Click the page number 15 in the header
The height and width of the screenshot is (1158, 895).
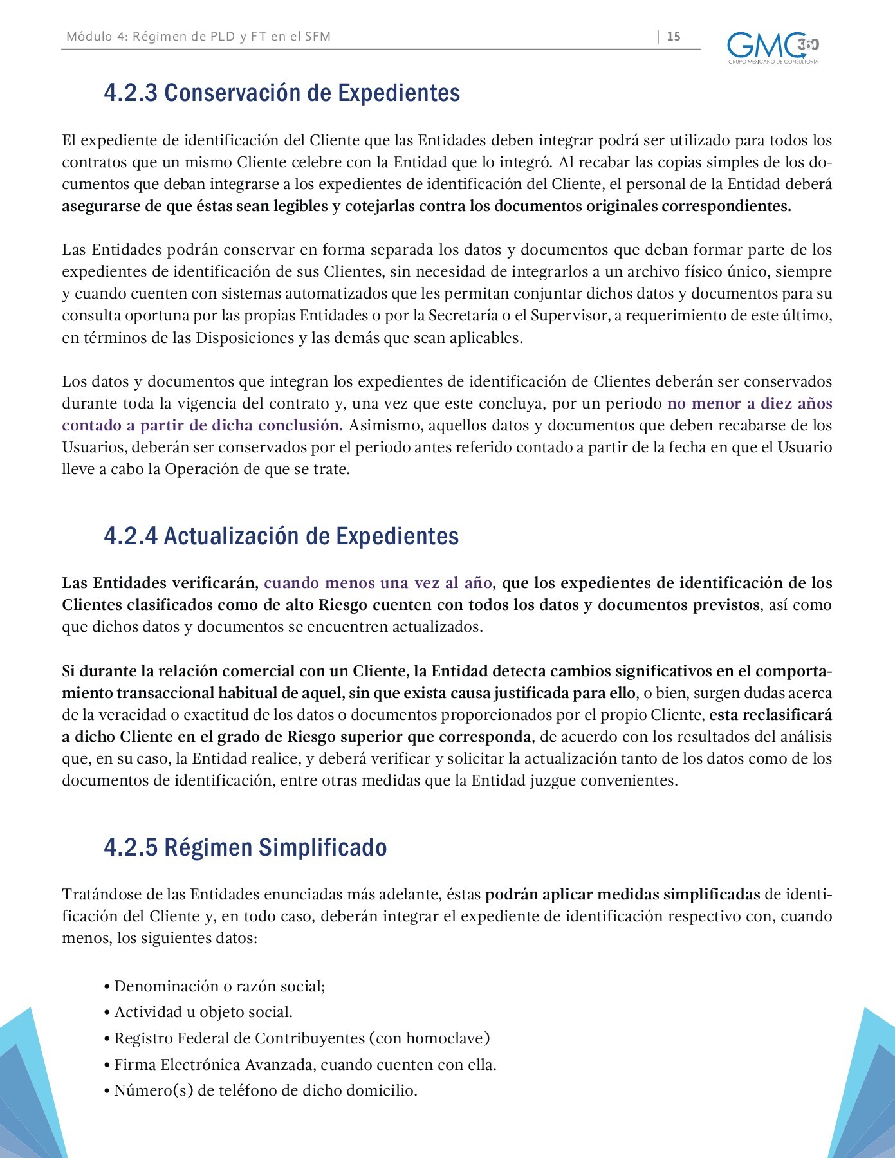pyautogui.click(x=674, y=37)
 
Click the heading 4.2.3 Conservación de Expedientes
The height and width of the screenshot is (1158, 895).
pyautogui.click(x=282, y=93)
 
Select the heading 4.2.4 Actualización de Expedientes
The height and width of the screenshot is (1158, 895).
pyautogui.click(x=281, y=536)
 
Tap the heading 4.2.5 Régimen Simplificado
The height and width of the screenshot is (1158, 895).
pyautogui.click(x=245, y=847)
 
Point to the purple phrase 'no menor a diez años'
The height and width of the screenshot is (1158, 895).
pyautogui.click(x=750, y=404)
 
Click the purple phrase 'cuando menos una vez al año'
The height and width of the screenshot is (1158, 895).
pyautogui.click(x=378, y=584)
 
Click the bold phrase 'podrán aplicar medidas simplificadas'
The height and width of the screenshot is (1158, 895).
pyautogui.click(x=622, y=895)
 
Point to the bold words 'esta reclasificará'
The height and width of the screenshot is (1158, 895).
pyautogui.click(x=770, y=715)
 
